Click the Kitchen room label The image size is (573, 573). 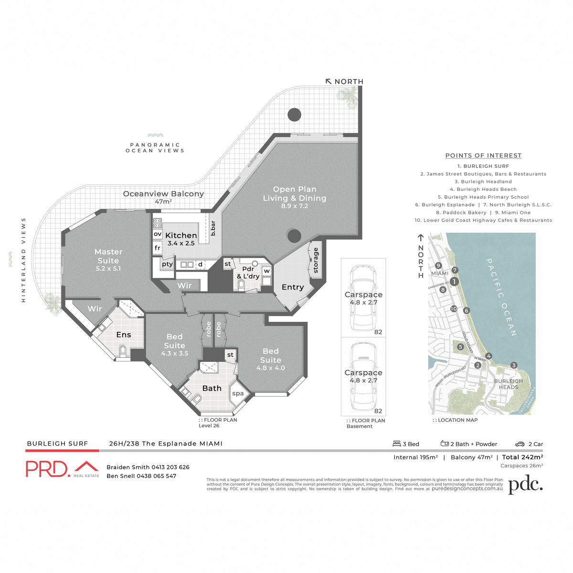click(181, 235)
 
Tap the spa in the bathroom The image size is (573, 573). click(238, 393)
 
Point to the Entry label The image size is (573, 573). click(293, 287)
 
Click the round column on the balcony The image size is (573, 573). click(294, 115)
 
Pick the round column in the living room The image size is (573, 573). click(294, 235)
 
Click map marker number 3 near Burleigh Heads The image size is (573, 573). click(514, 365)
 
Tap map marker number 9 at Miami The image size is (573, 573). click(438, 266)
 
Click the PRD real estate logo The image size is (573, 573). click(62, 468)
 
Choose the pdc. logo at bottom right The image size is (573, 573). click(525, 485)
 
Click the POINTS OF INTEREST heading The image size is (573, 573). click(483, 156)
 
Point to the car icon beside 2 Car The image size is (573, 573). click(520, 444)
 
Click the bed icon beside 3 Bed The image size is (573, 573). click(397, 444)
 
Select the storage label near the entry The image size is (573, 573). click(316, 260)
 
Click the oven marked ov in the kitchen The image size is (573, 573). click(158, 234)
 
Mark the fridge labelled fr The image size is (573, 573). click(158, 248)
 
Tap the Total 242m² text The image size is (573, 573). click(522, 457)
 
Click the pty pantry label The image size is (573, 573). click(167, 264)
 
